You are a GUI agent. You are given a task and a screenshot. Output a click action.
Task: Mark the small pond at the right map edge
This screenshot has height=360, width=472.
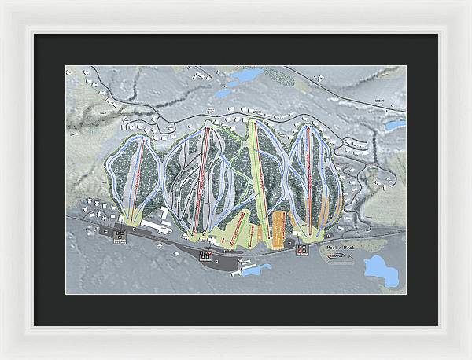pyautogui.click(x=393, y=125)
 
